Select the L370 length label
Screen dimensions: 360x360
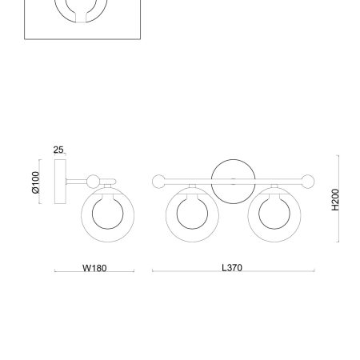tap(232, 270)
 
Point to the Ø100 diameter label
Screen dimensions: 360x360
tap(35, 184)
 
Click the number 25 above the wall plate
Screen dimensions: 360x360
tap(58, 150)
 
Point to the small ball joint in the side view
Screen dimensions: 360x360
tap(96, 181)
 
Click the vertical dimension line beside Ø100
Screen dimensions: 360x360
tap(44, 184)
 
